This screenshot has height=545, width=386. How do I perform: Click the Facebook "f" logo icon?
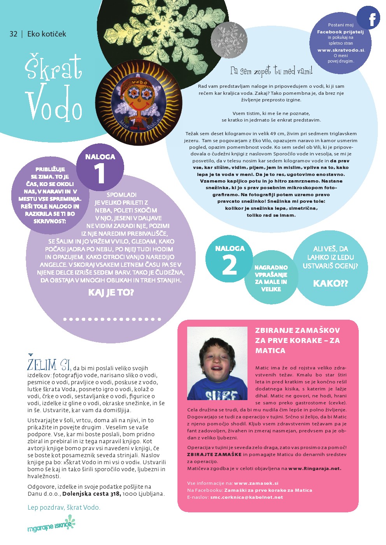(368, 18)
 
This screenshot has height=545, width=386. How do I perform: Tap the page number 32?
(13, 34)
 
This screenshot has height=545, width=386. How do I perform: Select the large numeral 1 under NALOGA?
(100, 174)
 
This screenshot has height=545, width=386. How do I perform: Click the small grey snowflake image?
(229, 40)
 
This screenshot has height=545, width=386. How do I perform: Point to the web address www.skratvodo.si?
(341, 50)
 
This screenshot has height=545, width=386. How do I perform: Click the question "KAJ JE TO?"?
(111, 292)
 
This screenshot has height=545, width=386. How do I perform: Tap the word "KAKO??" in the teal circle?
(330, 284)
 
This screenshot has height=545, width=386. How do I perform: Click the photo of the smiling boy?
(217, 364)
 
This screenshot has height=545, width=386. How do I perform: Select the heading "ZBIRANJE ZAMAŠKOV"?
(297, 331)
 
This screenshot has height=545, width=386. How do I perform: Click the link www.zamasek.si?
(256, 483)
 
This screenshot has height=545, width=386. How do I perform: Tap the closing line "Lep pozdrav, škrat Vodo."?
(64, 507)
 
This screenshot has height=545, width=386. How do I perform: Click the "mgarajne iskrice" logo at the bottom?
(51, 524)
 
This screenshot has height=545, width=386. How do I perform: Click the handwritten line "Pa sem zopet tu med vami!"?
(271, 71)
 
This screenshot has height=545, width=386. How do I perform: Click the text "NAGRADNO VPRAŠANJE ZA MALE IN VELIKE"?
(271, 278)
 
